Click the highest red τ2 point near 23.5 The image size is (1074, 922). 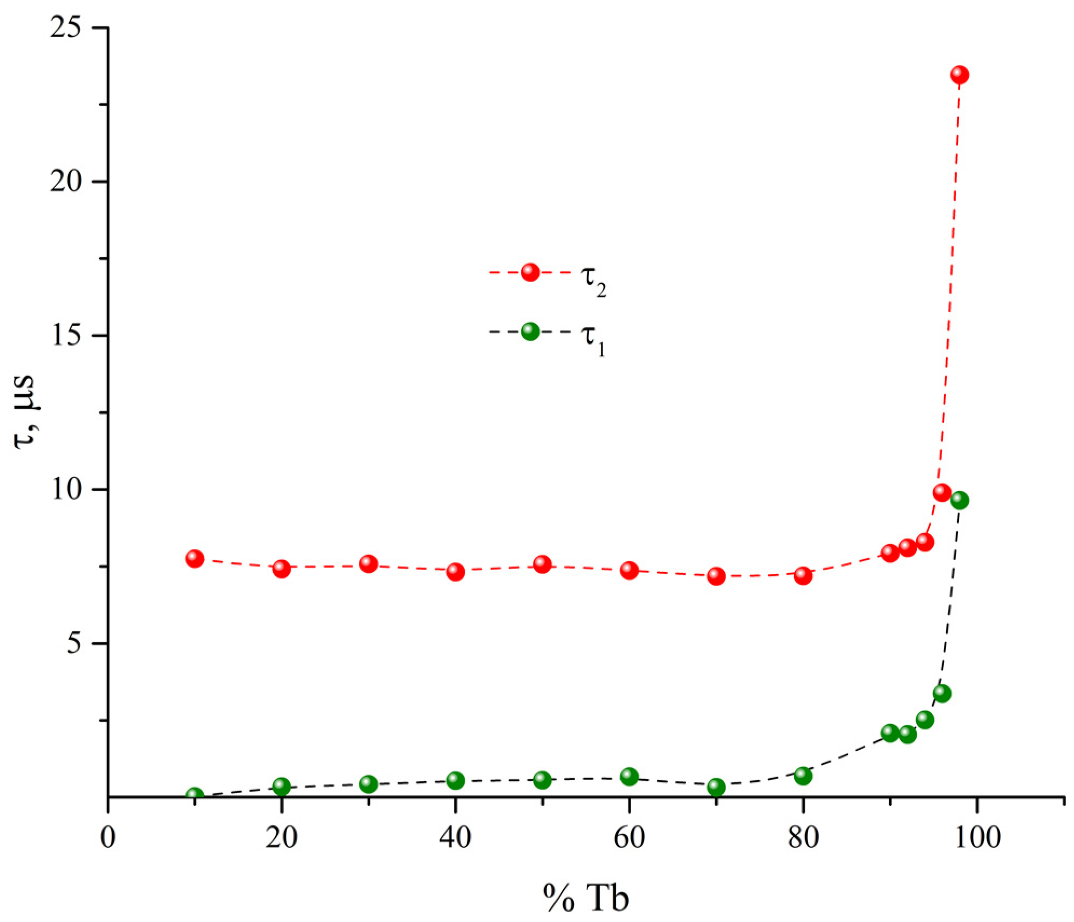point(959,74)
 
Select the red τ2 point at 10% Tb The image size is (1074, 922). point(195,559)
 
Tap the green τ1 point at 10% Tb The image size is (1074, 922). point(195,795)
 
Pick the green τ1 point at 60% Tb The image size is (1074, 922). point(629,776)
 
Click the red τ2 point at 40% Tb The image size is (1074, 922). point(455,572)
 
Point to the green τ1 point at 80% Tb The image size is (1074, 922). point(803,775)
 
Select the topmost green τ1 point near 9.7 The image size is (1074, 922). point(959,500)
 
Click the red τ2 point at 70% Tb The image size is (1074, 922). point(716,576)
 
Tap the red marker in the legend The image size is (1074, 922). point(530,272)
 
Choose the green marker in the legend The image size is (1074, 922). point(530,332)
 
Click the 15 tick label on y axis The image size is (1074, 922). point(65,336)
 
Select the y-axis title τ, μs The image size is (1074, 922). point(24,412)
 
